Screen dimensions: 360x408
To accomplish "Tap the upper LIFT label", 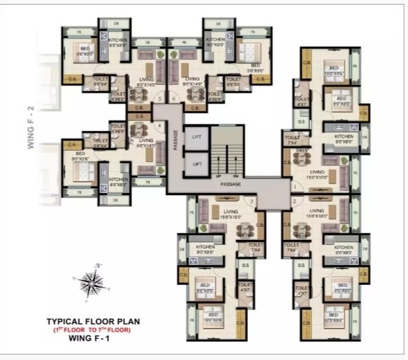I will [x=197, y=137].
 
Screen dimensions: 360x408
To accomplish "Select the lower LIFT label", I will [x=197, y=163].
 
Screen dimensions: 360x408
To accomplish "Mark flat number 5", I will [x=160, y=99].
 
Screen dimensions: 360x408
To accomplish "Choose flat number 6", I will [x=173, y=99].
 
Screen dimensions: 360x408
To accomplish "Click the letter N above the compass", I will [x=99, y=265].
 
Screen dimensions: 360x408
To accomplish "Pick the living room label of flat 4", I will [x=146, y=143].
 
